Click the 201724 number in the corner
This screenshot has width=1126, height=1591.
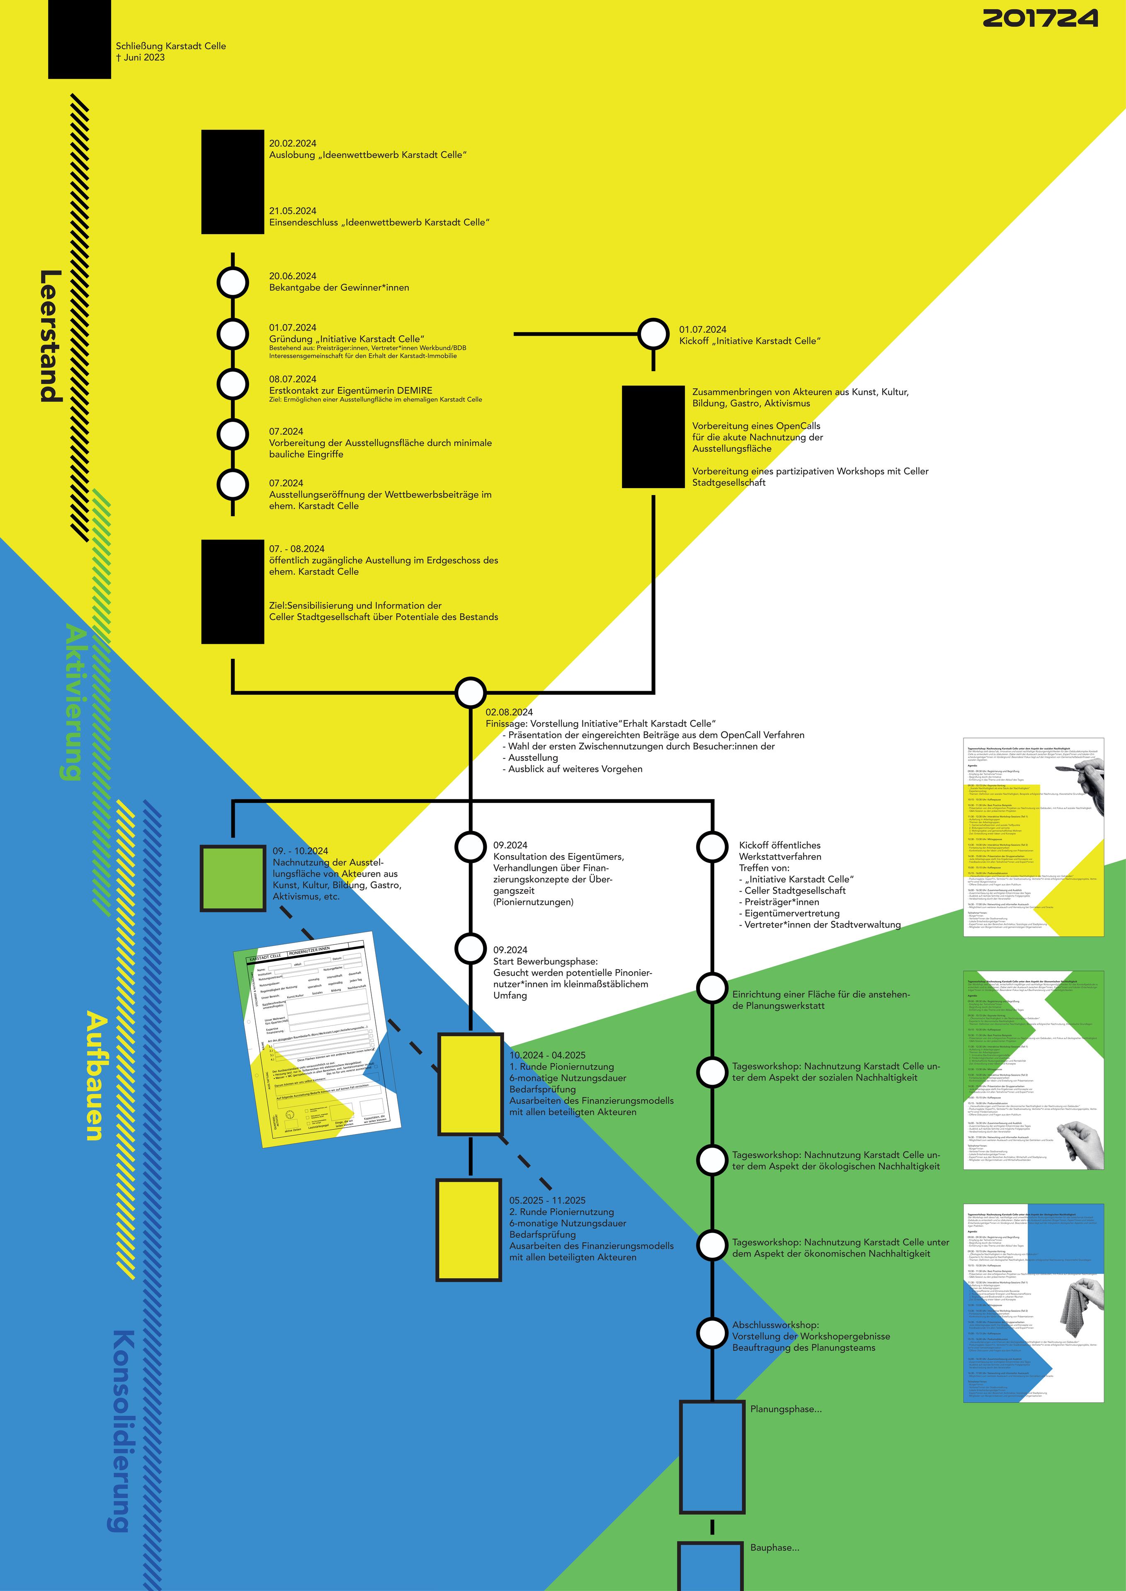(1040, 18)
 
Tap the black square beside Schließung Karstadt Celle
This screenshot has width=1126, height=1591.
(79, 39)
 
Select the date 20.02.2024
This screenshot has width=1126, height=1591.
(293, 143)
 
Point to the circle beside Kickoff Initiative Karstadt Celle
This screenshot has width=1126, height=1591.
(653, 334)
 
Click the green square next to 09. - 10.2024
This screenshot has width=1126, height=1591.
(232, 877)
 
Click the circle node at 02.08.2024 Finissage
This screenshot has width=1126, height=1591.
(470, 692)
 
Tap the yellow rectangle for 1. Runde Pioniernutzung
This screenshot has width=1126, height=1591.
(470, 1084)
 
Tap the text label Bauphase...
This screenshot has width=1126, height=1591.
(774, 1547)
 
